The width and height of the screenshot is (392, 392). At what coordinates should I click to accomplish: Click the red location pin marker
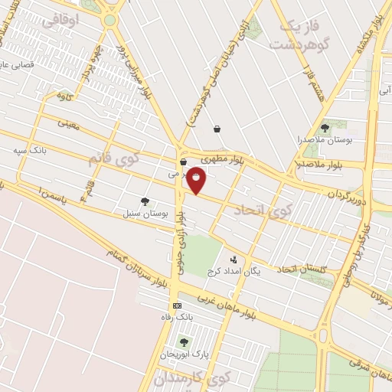tap(197, 181)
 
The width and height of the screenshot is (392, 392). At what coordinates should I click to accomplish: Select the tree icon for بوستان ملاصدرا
tap(325, 128)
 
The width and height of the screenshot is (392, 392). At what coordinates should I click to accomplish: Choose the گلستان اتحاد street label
tap(302, 268)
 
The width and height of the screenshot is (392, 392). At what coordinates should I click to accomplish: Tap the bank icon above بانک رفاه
tap(178, 305)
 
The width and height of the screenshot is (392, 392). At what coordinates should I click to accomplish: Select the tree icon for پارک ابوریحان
tap(183, 341)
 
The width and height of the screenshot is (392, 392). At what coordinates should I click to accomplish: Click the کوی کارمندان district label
tap(192, 378)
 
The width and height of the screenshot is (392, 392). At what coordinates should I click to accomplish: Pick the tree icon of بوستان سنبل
tap(145, 201)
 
